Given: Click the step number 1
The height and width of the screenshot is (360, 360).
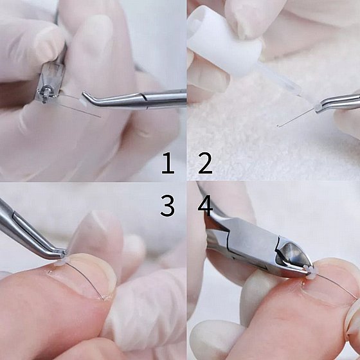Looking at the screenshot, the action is click(168, 163).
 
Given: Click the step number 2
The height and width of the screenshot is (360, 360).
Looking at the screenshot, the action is click(205, 163).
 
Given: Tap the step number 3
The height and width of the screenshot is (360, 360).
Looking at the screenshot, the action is click(168, 205).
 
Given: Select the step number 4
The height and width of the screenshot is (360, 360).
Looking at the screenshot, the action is click(205, 205).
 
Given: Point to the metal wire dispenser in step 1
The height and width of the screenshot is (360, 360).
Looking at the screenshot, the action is click(50, 84).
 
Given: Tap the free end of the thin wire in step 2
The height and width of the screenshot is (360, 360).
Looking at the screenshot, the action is click(278, 126).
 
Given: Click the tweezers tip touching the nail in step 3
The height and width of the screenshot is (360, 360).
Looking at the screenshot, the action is click(64, 255).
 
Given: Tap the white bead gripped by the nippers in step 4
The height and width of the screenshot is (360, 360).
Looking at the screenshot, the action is click(309, 273).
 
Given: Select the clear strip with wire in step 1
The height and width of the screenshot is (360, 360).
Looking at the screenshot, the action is click(76, 104).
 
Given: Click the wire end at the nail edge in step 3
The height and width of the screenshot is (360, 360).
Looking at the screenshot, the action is click(104, 299).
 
